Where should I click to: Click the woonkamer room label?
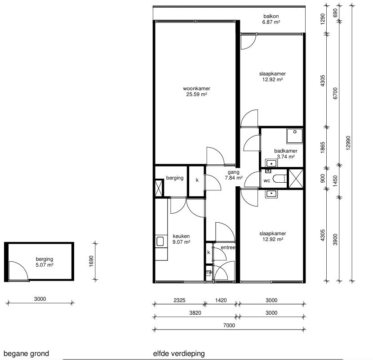click(196, 88)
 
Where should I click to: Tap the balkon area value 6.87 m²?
click(271, 22)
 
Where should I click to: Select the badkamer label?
click(286, 151)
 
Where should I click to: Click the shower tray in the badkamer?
click(295, 136)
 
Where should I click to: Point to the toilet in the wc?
click(280, 179)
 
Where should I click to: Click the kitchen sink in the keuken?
click(160, 241)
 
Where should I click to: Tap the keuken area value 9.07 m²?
click(181, 242)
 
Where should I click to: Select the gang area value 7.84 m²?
click(234, 178)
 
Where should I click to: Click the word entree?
click(228, 248)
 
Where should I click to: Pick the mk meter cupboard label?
click(209, 272)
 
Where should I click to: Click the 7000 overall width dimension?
click(229, 325)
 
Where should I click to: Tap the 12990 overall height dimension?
click(348, 143)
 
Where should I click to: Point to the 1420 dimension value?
click(221, 300)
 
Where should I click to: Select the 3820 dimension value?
click(195, 313)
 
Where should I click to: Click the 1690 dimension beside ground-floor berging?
click(91, 261)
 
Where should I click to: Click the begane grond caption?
click(26, 354)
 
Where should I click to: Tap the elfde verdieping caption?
click(179, 354)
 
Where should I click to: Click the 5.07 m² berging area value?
click(44, 265)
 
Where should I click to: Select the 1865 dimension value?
click(323, 147)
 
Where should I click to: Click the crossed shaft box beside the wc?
click(296, 179)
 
